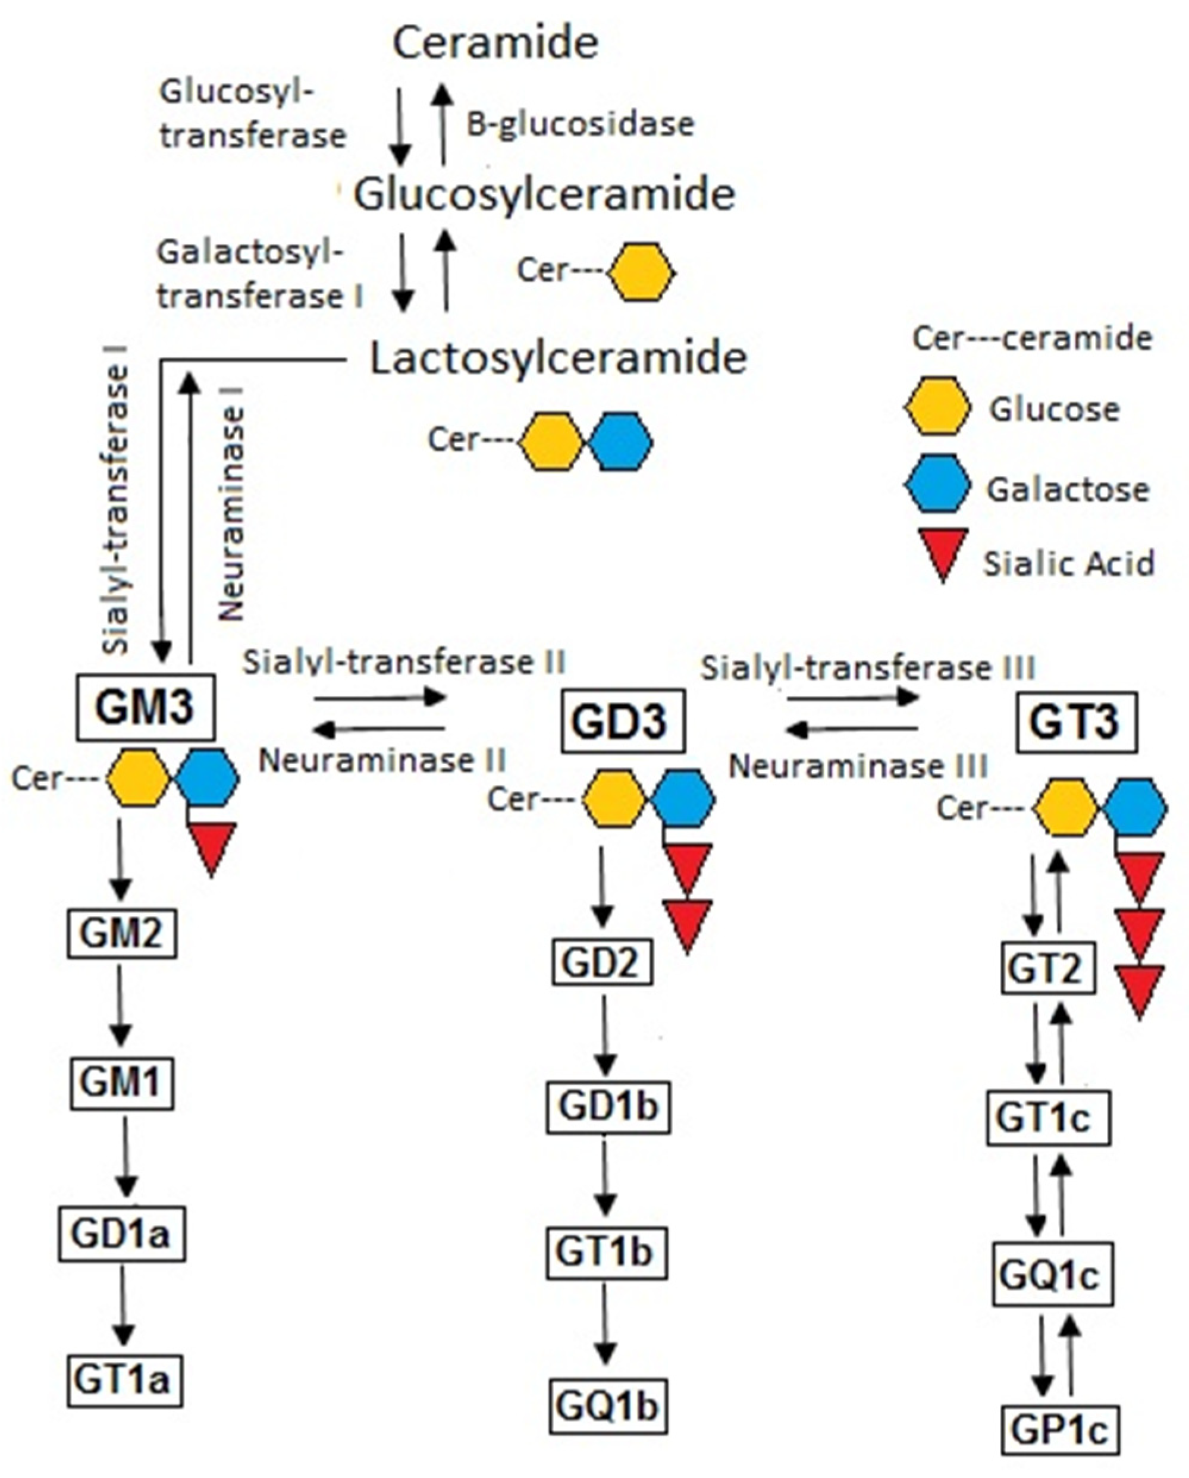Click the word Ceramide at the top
click(495, 42)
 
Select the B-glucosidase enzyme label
click(580, 125)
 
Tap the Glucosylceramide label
click(544, 194)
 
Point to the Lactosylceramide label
click(558, 358)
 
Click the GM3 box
click(145, 707)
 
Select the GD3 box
click(621, 721)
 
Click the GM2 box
click(121, 933)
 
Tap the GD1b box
click(607, 1107)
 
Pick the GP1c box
click(1059, 1430)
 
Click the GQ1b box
click(607, 1406)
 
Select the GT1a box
click(124, 1380)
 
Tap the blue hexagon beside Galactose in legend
click(937, 484)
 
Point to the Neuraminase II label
click(382, 760)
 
